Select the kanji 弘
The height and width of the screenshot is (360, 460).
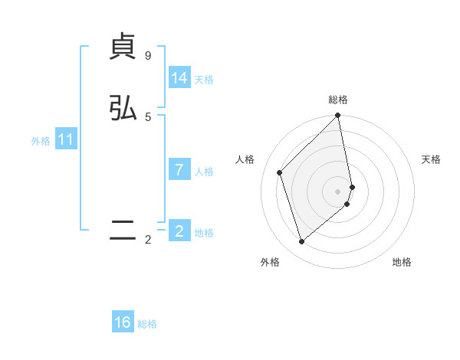[x=123, y=107]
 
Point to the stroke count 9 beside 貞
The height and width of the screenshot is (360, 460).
[x=148, y=56]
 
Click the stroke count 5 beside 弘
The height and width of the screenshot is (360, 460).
[x=148, y=116]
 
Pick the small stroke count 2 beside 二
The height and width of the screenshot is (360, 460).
[x=148, y=240]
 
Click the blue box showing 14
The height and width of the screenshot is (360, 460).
[x=179, y=78]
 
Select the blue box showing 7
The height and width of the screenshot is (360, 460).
[x=179, y=170]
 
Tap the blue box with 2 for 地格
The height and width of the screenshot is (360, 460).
[x=179, y=231]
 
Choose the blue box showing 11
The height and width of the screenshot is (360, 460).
[x=66, y=140]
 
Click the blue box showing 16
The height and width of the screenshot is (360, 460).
[x=123, y=322]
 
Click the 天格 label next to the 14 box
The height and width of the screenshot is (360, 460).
[x=204, y=80]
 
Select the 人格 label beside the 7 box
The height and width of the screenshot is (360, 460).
[x=204, y=172]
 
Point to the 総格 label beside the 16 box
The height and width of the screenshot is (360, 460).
[x=147, y=324]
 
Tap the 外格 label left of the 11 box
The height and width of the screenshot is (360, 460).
[x=41, y=141]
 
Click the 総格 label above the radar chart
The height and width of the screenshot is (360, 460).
[x=338, y=100]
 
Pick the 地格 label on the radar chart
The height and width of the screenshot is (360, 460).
[x=402, y=262]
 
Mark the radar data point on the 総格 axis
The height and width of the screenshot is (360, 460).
[x=338, y=116]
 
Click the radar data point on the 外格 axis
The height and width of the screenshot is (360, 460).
[x=301, y=242]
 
